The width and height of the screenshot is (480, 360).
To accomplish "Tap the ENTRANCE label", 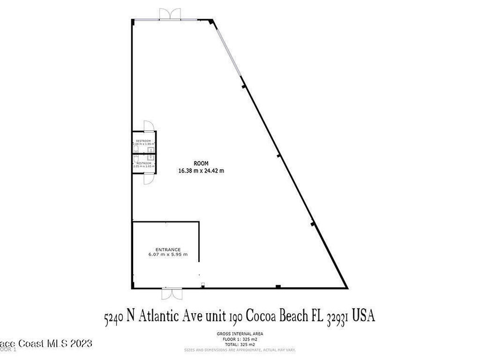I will (168, 249).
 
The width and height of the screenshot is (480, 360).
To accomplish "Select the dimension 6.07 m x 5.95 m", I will (168, 255).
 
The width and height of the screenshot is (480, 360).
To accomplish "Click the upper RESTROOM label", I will (143, 141).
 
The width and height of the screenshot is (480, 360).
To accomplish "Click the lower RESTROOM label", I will (143, 163).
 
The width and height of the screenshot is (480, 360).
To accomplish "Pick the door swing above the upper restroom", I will (149, 126).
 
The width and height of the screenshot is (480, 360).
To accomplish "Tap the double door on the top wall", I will (169, 14).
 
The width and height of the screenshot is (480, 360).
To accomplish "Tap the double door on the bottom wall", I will (171, 294).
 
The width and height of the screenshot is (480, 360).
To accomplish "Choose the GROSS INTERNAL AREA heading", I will (240, 334).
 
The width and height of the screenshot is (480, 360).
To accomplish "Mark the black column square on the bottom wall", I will (278, 286).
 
